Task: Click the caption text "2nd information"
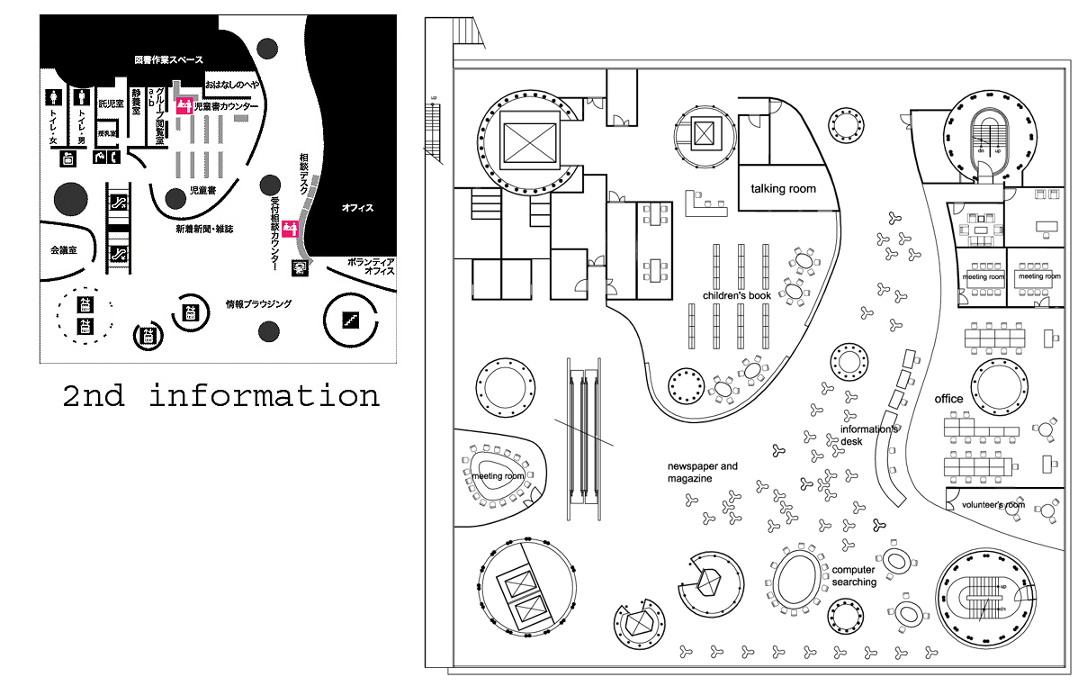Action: pos(220,396)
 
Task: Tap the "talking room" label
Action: pos(783,189)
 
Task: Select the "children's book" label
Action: pos(737,295)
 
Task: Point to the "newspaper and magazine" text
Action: pos(702,472)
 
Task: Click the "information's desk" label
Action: pos(869,435)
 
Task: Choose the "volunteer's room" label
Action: pos(993,505)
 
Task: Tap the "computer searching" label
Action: pos(854,576)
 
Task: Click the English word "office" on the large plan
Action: pos(948,399)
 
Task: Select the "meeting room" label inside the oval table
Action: pos(498,476)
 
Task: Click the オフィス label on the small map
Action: pos(357,208)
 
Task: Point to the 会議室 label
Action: pos(62,249)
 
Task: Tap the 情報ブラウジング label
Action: pos(258,304)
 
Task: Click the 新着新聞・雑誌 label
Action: pos(204,230)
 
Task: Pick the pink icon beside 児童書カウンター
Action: pos(184,106)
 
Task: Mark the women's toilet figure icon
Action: pos(54,95)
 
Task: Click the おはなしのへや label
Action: pos(232,84)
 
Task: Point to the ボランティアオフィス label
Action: pos(371,266)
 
